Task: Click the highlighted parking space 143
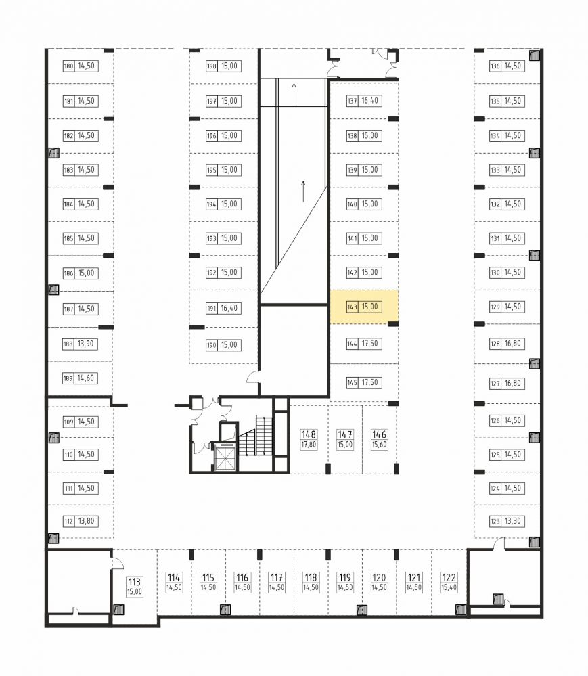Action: (x=364, y=307)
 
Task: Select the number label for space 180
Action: (x=68, y=66)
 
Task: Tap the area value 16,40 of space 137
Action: (x=370, y=101)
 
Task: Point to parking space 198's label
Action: (x=223, y=66)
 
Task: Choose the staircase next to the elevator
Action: (x=255, y=436)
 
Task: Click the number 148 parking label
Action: (x=309, y=434)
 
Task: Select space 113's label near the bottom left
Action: (x=135, y=587)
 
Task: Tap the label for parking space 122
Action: (x=449, y=583)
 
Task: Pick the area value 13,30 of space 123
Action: (x=513, y=521)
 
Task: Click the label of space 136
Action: (x=507, y=66)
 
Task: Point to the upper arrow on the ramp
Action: (x=294, y=93)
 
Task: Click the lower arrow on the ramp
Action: (x=304, y=191)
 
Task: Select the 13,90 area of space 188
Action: (x=86, y=344)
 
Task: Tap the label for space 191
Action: (x=223, y=309)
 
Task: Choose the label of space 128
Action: (x=507, y=344)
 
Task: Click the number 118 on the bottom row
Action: (x=311, y=577)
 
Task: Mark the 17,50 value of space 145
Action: (x=370, y=383)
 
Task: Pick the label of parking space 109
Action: (x=81, y=422)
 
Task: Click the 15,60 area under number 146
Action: (x=380, y=445)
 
